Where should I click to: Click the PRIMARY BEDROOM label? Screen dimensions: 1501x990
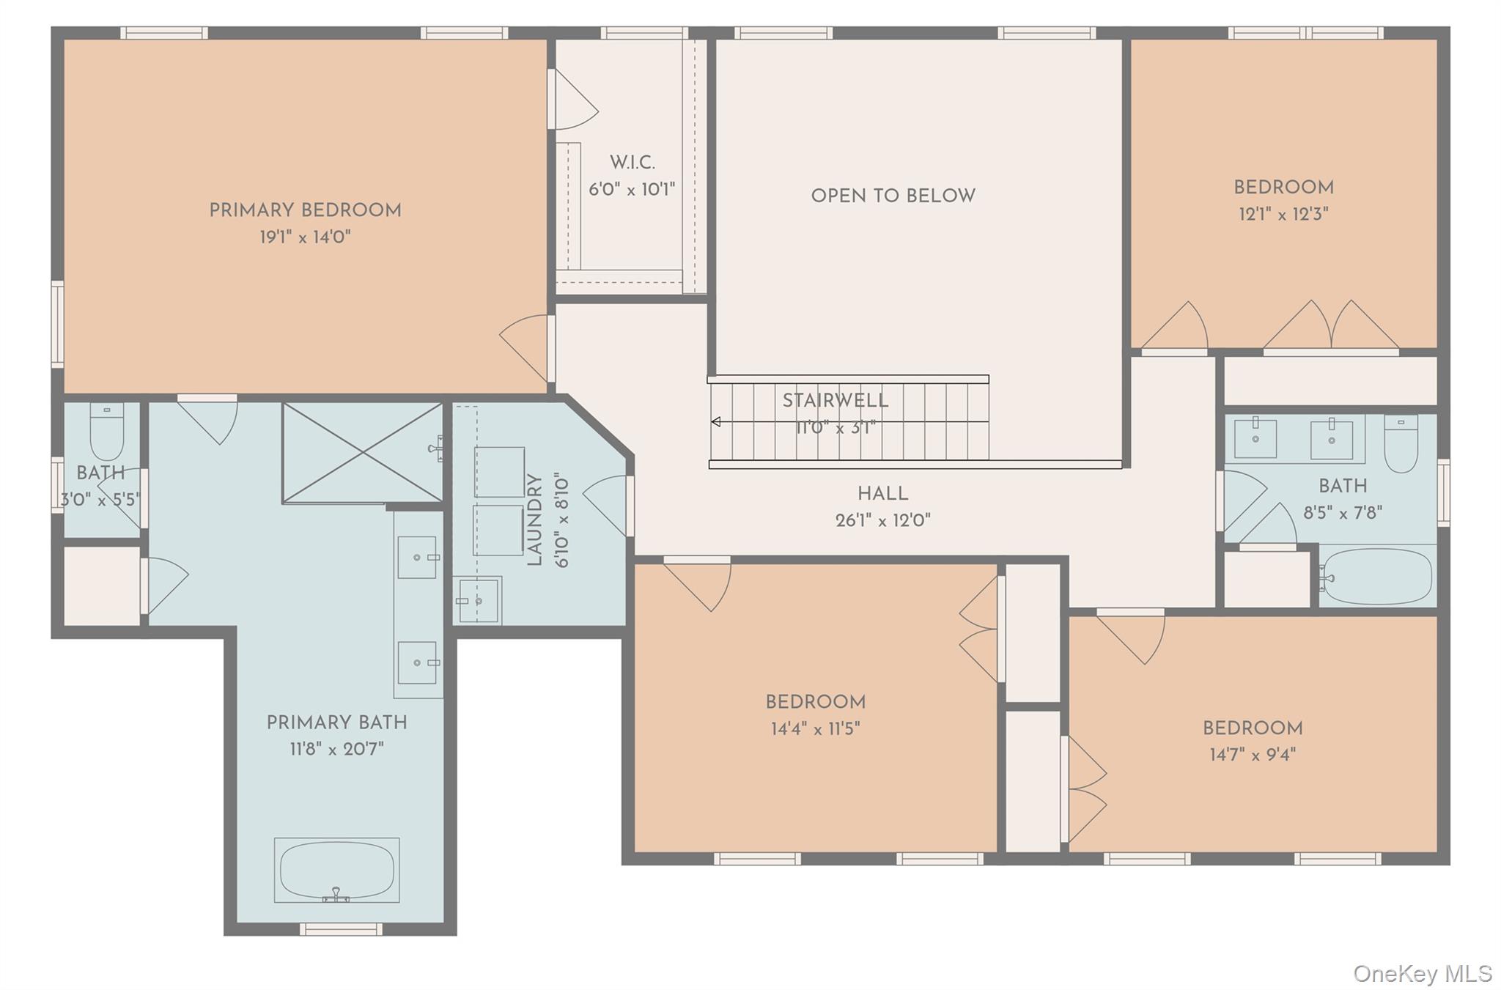(x=305, y=211)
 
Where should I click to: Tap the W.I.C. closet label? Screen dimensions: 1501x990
(x=633, y=163)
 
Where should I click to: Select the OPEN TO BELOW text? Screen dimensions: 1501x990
(x=893, y=196)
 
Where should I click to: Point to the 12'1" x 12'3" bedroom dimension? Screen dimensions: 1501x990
(x=1283, y=214)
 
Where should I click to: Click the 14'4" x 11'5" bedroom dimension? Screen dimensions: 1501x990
(x=815, y=728)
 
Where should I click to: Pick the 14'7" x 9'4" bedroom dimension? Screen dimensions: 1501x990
(x=1253, y=755)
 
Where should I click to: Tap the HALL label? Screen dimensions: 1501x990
(x=882, y=494)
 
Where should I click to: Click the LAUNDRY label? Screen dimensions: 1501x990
(x=534, y=520)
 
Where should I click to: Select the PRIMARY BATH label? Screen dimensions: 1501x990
(x=336, y=723)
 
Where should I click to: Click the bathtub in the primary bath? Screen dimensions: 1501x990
(x=337, y=870)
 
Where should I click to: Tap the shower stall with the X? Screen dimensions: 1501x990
(x=363, y=452)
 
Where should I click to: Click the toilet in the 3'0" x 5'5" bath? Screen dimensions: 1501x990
(x=106, y=432)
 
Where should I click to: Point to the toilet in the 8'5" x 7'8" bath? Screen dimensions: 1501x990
(x=1401, y=444)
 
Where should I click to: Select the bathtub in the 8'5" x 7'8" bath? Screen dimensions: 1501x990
(x=1377, y=576)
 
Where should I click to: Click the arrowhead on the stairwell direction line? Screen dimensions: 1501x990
(x=716, y=421)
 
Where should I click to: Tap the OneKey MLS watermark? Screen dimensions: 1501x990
(x=1422, y=973)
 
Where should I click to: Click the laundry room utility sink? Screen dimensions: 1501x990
(x=477, y=600)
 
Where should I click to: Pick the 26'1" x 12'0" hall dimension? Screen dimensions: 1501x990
(x=882, y=521)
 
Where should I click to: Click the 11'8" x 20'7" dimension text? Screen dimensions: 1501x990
(x=336, y=750)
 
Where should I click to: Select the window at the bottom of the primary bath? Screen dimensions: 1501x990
(x=341, y=929)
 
